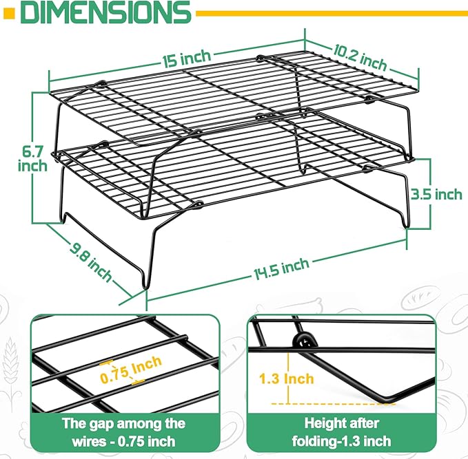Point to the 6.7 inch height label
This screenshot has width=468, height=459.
pos(32,158)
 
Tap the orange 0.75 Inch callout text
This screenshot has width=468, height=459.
pos(131,369)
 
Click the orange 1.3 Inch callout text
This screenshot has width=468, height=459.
pos(286,378)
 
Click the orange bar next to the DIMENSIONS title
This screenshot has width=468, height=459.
pos(331,12)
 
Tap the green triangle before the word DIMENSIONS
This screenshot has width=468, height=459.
pos(10,12)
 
